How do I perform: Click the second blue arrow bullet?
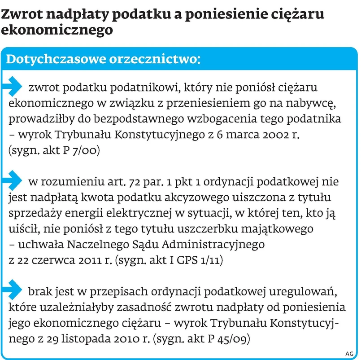coord(14,178)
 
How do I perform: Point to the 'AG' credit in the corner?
coord(349,353)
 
